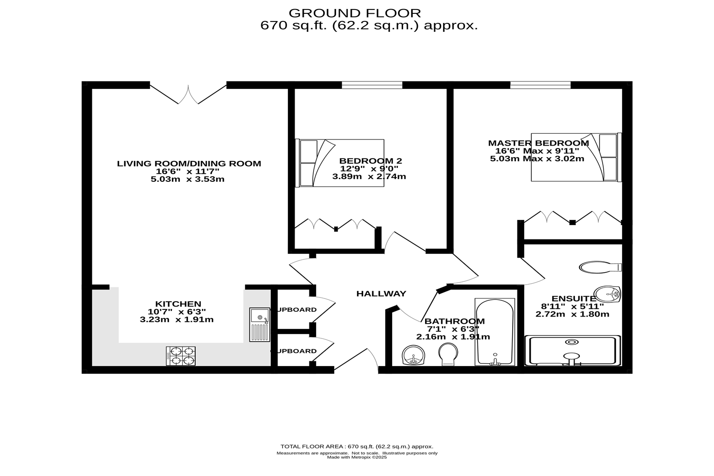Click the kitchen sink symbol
[259, 325]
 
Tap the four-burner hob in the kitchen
[181, 356]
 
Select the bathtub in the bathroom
[495, 332]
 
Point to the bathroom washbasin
[413, 355]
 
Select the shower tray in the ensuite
[573, 351]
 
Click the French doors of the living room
[188, 94]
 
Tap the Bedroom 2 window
[372, 85]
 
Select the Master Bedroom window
[540, 85]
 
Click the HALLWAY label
[381, 294]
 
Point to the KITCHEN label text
[178, 304]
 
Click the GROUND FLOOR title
[355, 13]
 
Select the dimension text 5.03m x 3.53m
[187, 179]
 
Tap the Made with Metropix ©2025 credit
[357, 457]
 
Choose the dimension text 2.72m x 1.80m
[572, 314]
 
